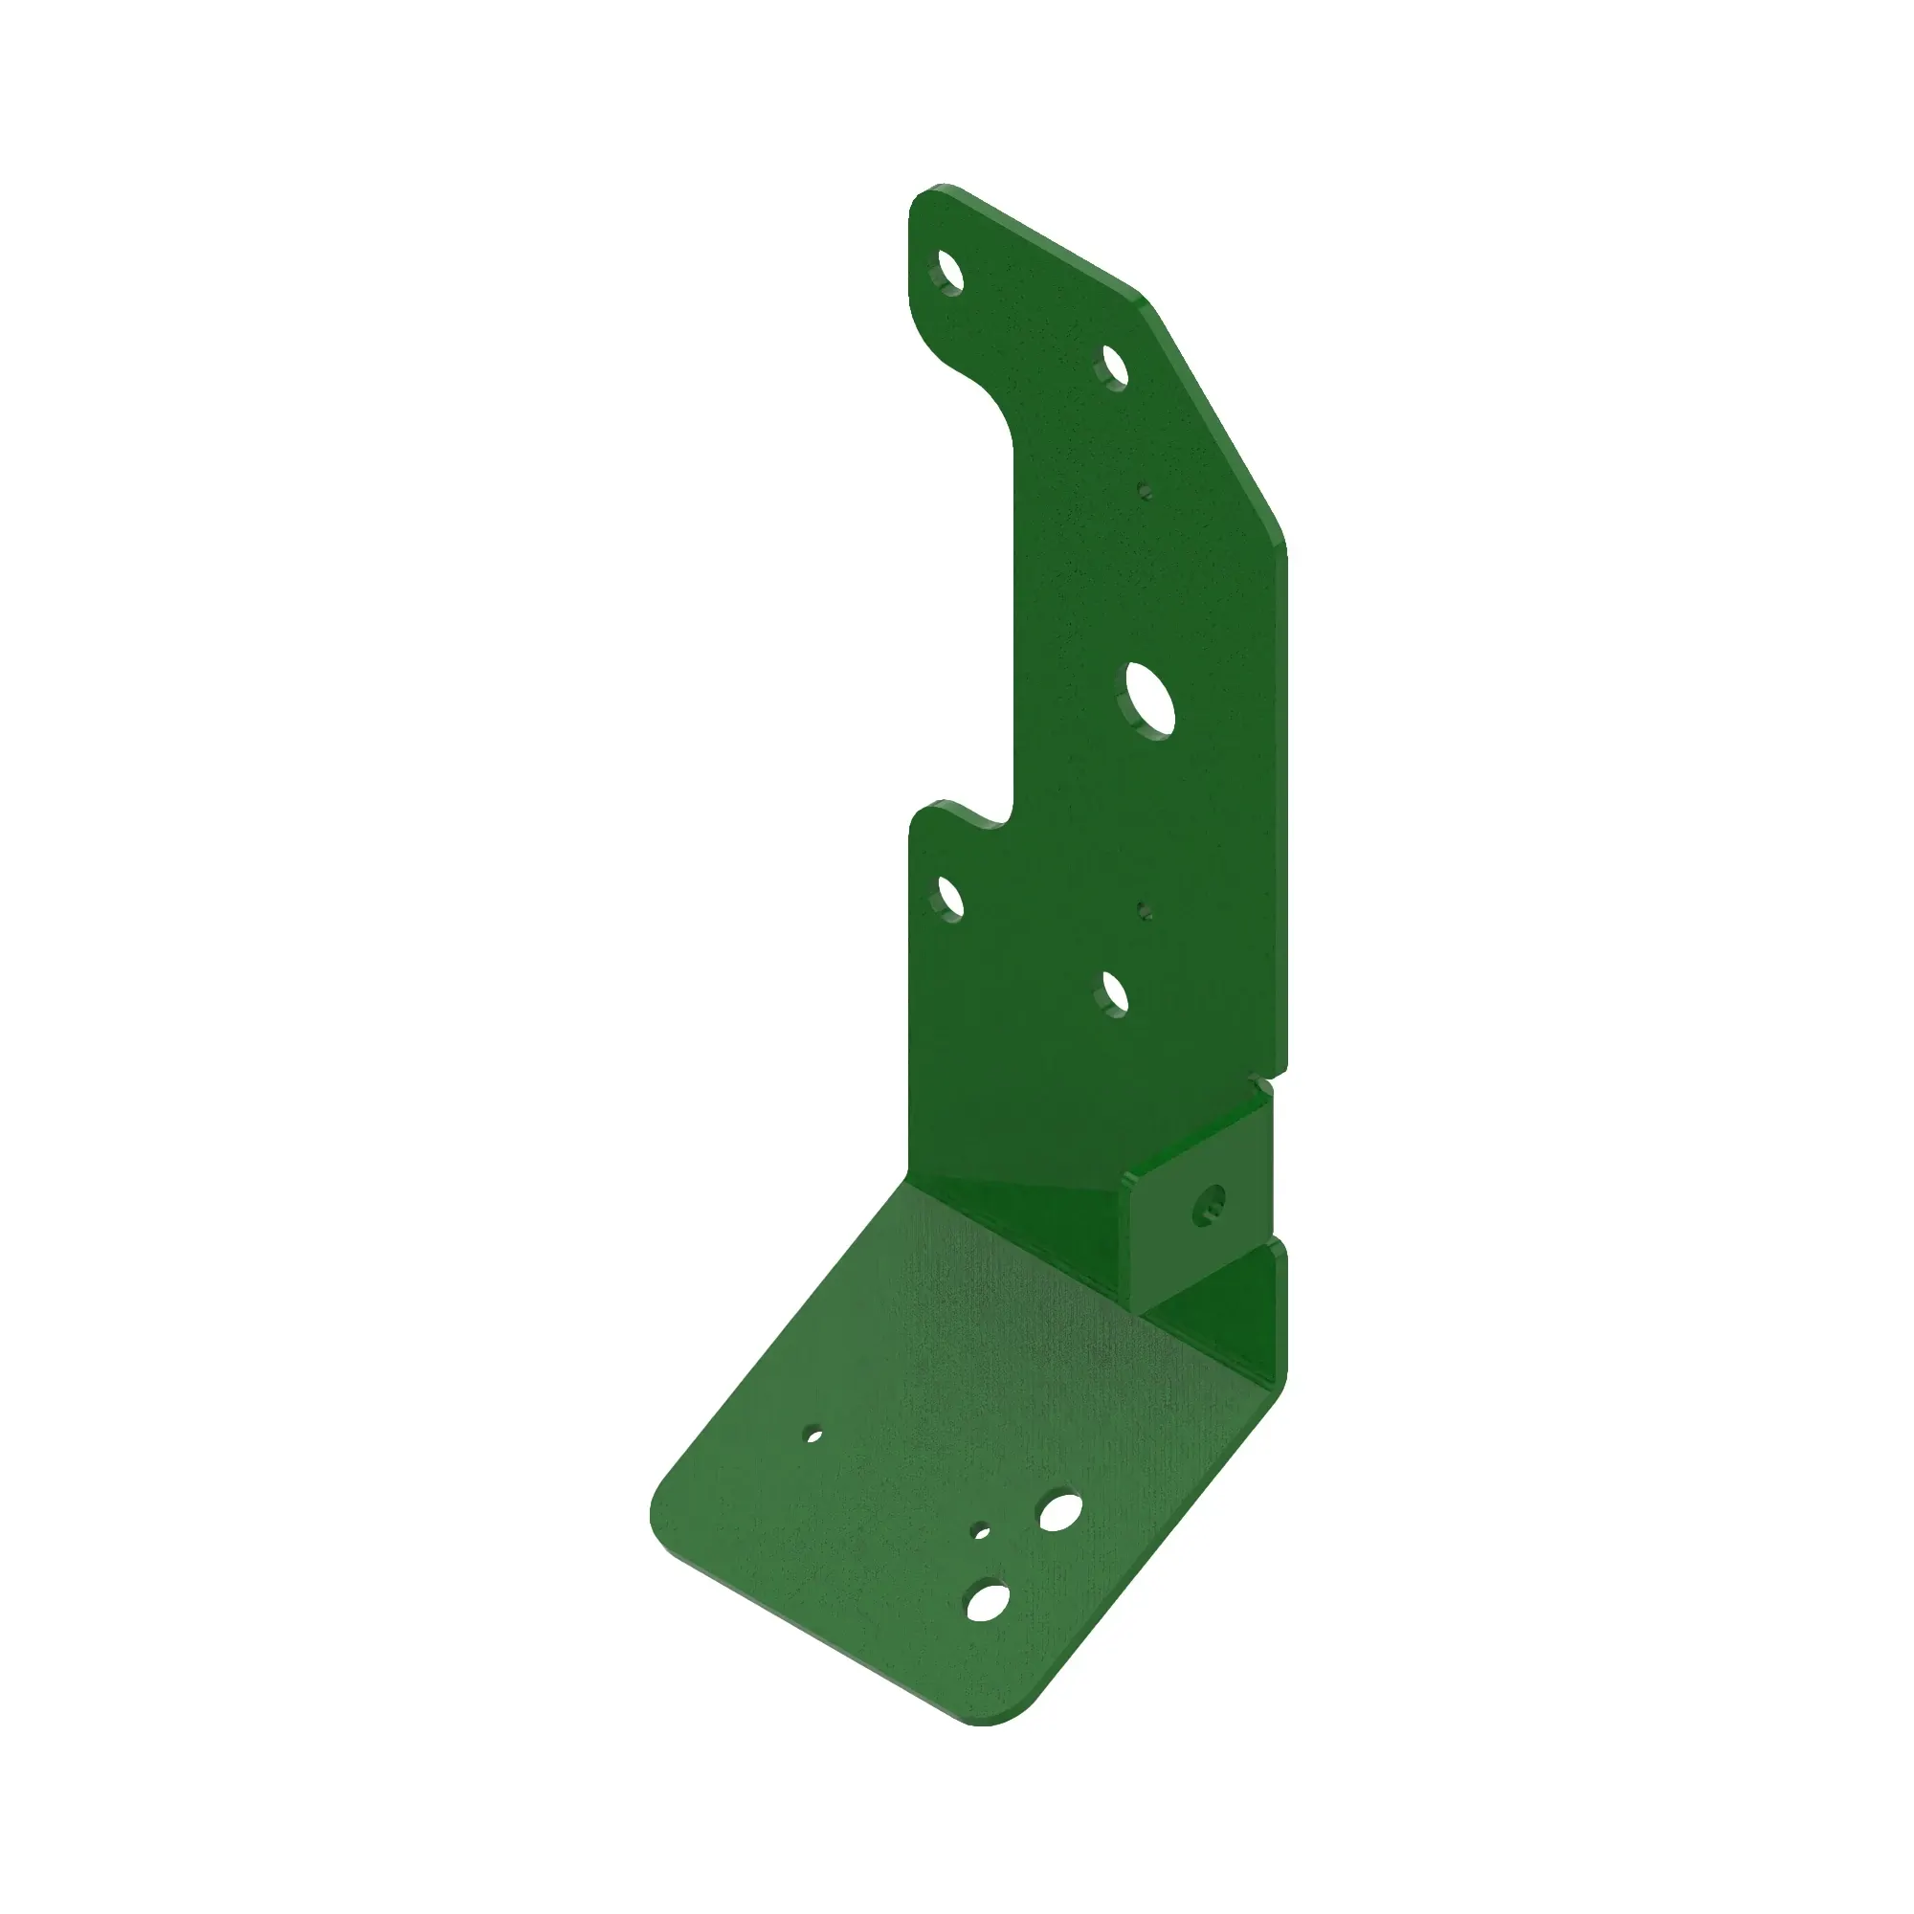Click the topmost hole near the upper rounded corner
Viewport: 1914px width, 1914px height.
point(949,272)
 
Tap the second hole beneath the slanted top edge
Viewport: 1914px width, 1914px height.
point(1115,367)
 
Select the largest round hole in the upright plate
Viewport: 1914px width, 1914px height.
point(1150,701)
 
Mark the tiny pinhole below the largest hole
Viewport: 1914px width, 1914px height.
point(1145,908)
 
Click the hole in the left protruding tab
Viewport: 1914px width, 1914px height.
point(949,898)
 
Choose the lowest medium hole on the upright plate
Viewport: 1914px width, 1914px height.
point(1115,991)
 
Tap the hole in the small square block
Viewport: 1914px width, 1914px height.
point(1211,1203)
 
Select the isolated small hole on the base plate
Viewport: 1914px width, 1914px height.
point(814,1434)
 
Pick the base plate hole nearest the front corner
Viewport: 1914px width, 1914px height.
point(987,1602)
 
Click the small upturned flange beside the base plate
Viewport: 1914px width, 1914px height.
point(1268,1318)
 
